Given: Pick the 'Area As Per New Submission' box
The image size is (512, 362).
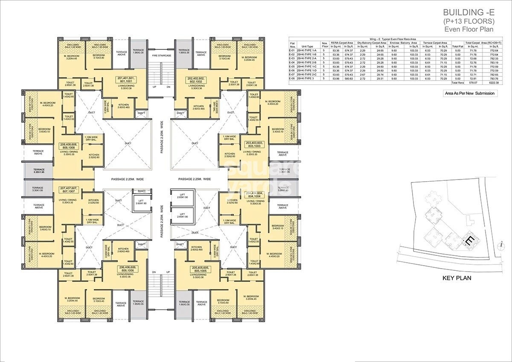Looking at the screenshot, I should [470, 93].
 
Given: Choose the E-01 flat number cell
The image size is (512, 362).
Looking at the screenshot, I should [292, 51].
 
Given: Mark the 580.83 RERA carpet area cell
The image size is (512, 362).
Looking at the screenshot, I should [348, 78].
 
